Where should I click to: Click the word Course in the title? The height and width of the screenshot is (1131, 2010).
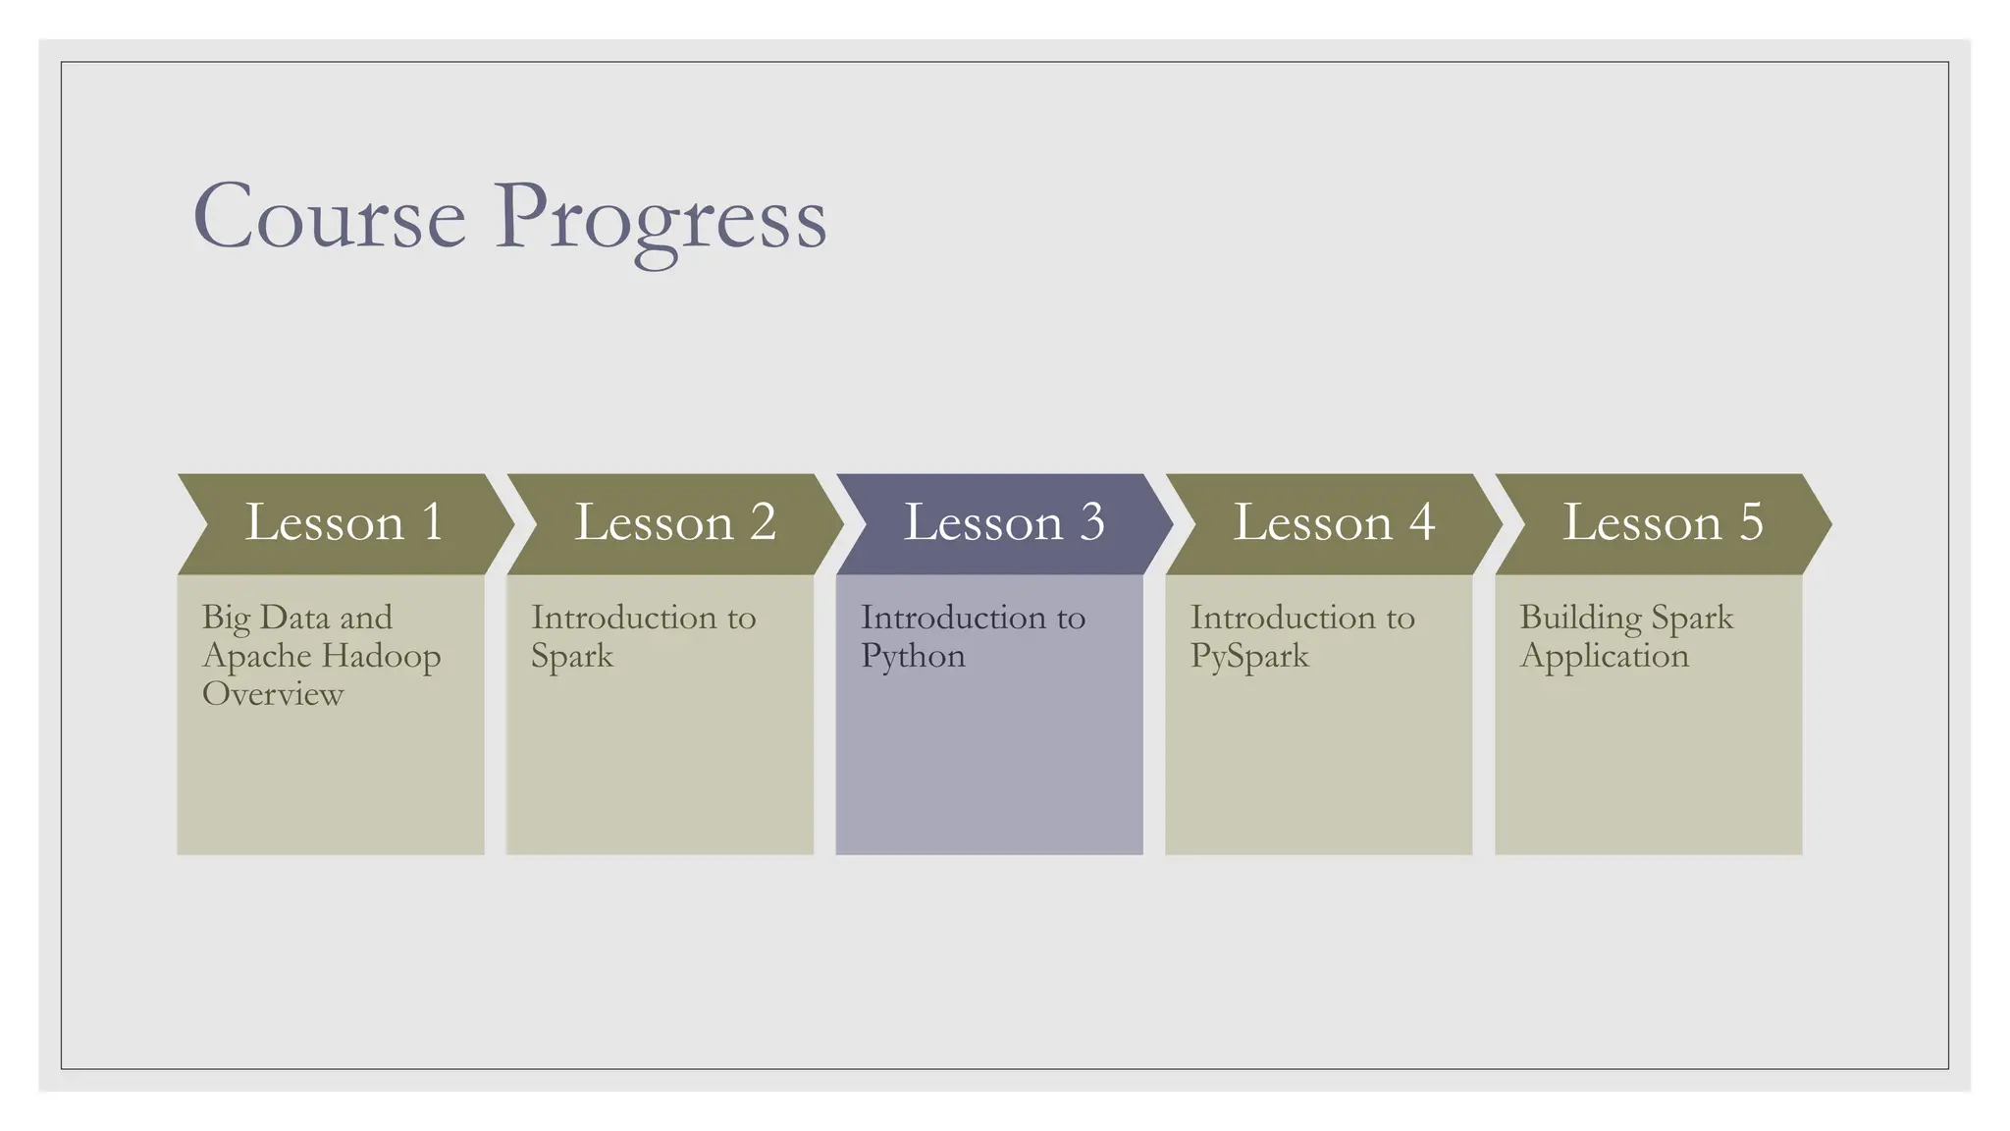330,218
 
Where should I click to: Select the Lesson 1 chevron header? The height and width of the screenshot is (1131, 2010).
344,523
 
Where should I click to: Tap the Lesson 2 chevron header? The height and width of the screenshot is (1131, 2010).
674,523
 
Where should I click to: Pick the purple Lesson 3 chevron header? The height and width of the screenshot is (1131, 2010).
1003,523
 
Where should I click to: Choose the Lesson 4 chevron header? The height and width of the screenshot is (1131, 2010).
1333,523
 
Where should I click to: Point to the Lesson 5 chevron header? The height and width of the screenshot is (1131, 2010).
1662,523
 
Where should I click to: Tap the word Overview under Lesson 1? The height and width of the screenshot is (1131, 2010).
273,694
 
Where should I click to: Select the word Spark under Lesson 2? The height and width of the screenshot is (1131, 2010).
571,656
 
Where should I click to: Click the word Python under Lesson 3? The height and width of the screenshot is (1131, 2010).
913,656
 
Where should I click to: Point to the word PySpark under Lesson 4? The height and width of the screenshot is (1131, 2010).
1249,656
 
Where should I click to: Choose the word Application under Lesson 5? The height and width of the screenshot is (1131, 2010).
1604,656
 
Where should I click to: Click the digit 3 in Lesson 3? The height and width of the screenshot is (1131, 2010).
1092,523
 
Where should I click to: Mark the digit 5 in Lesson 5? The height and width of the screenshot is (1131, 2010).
1751,523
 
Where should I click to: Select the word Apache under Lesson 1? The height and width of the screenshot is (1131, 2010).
254,656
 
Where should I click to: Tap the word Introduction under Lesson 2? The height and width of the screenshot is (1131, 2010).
623,618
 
